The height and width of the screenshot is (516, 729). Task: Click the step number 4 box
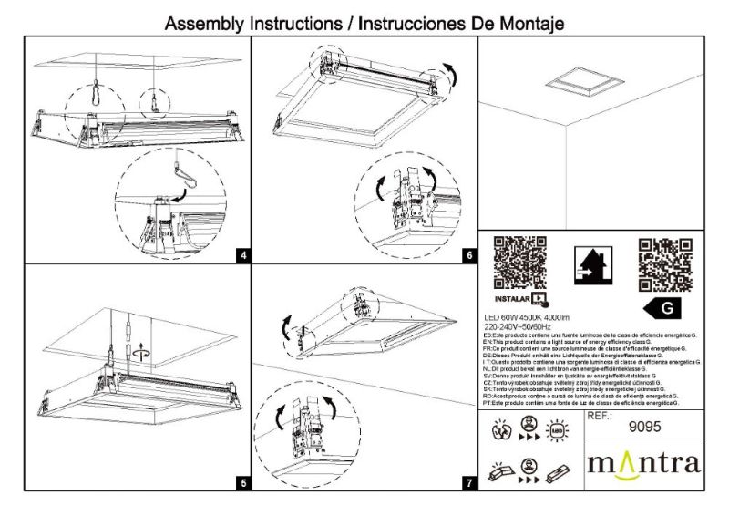[x=242, y=256]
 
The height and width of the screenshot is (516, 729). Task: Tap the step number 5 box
[x=242, y=483]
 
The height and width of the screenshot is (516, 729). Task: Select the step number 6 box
[x=468, y=256]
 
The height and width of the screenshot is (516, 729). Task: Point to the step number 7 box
[x=468, y=483]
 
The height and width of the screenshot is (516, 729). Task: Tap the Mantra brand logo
[x=643, y=462]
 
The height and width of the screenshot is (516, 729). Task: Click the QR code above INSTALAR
[x=519, y=263]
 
